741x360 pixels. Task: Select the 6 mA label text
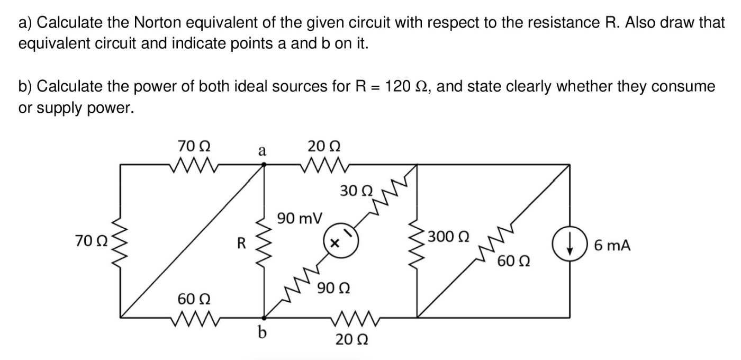[x=612, y=245]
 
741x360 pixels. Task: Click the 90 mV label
[x=299, y=218]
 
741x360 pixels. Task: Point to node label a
[x=261, y=150]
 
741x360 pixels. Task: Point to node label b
[x=261, y=333]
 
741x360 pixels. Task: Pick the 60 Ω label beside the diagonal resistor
[x=513, y=261]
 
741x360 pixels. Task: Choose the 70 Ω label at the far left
[x=92, y=241]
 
